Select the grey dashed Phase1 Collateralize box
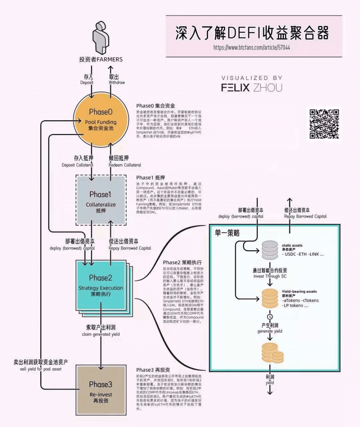pyautogui.click(x=101, y=200)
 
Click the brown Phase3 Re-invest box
pyautogui.click(x=101, y=389)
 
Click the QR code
pyautogui.click(x=324, y=123)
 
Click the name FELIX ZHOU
pyautogui.click(x=252, y=87)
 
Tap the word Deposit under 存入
pyautogui.click(x=87, y=82)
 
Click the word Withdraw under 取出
pyautogui.click(x=117, y=82)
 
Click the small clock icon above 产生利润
pyautogui.click(x=270, y=317)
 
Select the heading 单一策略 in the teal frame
pyautogui.click(x=227, y=233)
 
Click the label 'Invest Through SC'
pyautogui.click(x=270, y=277)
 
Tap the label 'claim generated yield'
pyautogui.click(x=100, y=334)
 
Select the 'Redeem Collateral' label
pyautogui.click(x=125, y=165)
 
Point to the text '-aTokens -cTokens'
pyautogui.click(x=300, y=300)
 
